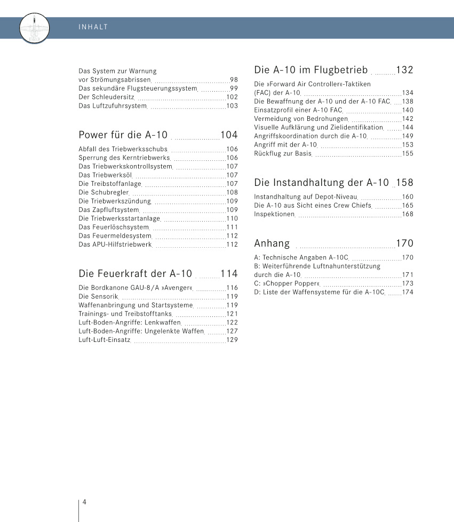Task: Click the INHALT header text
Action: pos(93,27)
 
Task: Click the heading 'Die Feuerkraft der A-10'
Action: pos(135,274)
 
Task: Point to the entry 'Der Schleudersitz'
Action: pos(106,97)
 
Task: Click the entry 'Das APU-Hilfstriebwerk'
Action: pos(115,244)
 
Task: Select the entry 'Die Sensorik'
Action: pos(98,297)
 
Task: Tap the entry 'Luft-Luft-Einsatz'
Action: pos(105,340)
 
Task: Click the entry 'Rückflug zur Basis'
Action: pos(282,153)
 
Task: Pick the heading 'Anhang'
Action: pos(272,243)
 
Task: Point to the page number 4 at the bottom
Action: pos(84,502)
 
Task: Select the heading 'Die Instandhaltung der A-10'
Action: pos(322,183)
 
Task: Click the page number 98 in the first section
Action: pos(234,79)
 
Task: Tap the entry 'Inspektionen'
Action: pos(274,214)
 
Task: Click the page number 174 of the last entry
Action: pos(408,292)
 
